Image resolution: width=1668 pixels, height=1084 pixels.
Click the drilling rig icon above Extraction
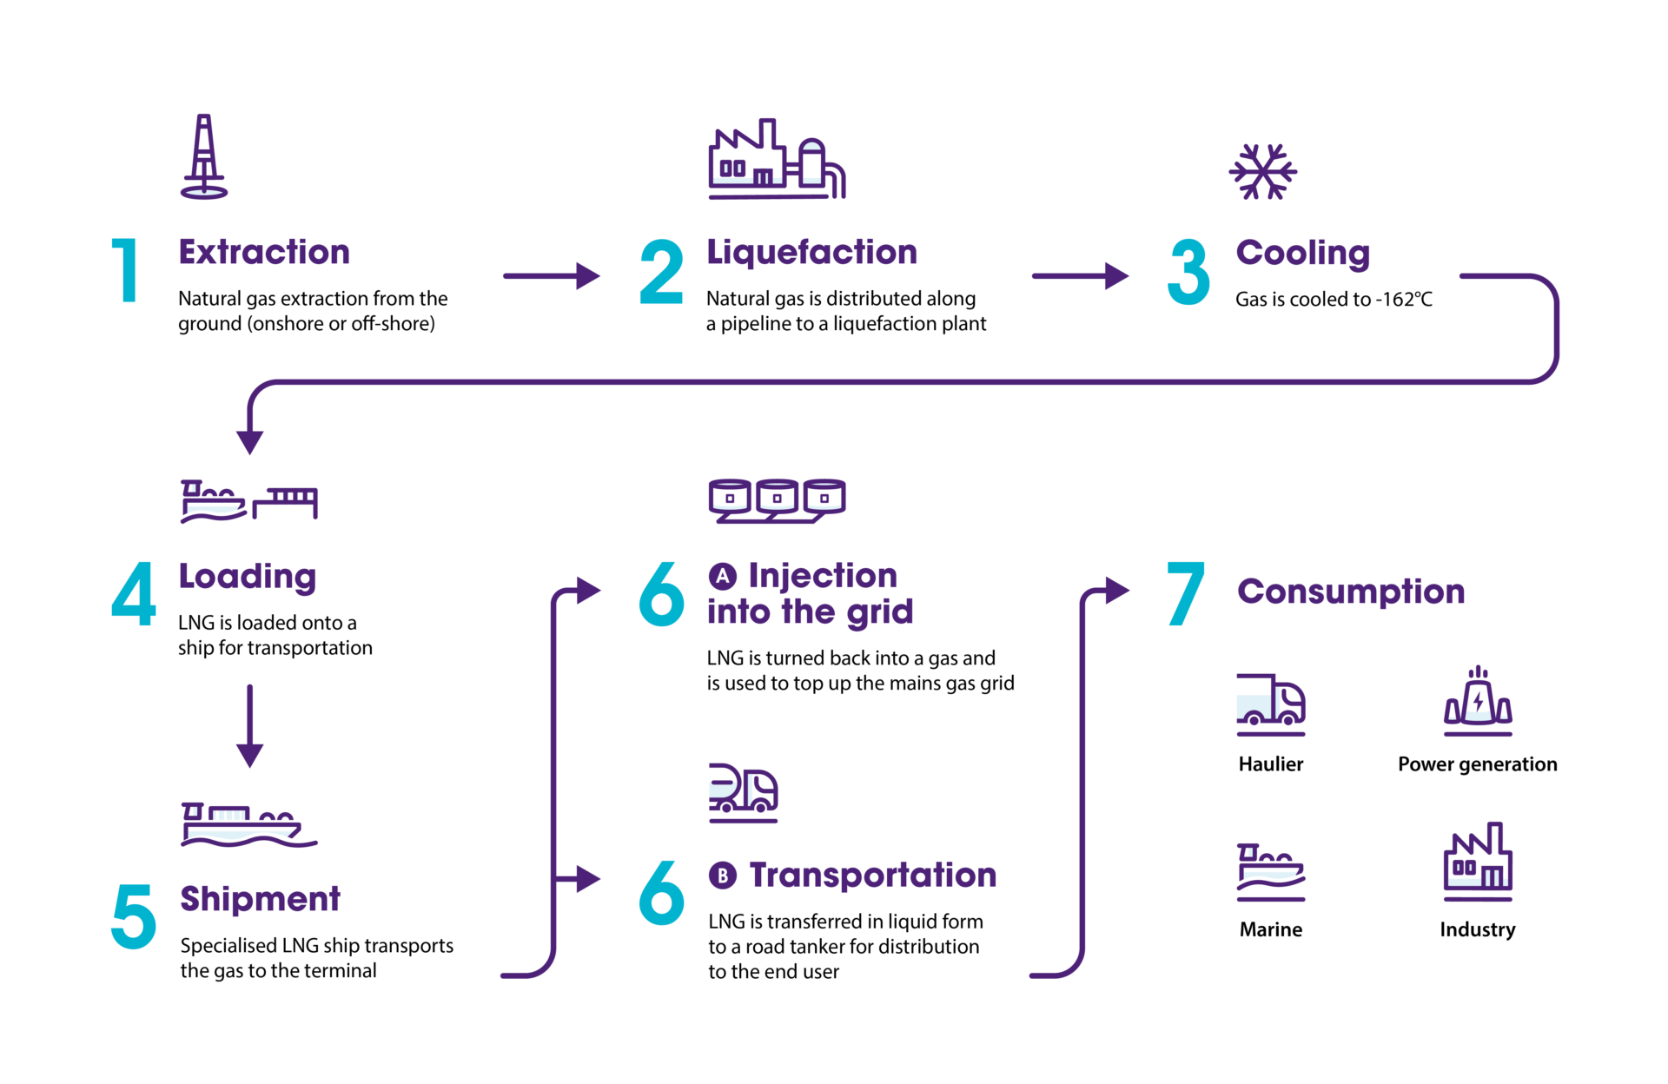pos(204,157)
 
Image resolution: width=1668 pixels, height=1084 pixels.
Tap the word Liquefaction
pos(811,253)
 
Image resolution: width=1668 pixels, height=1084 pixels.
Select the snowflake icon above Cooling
pos(1262,172)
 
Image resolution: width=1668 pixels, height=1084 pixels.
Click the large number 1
pos(127,270)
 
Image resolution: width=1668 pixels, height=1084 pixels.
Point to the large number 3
pos(1188,272)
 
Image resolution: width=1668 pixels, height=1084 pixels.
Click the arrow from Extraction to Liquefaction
pos(552,276)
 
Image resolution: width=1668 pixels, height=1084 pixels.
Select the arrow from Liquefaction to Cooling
pos(1081,276)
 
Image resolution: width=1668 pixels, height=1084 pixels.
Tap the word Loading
pos(248,577)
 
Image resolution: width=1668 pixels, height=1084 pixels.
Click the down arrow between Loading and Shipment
pos(250,725)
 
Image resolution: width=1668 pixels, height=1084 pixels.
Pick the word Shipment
pos(259,899)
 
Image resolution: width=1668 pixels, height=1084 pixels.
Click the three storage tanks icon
pos(777,500)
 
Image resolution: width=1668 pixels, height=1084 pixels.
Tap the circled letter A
pos(722,576)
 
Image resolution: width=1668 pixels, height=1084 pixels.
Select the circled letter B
pos(722,876)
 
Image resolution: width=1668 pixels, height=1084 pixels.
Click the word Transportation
pos(872,876)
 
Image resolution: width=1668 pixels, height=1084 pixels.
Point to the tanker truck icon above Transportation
pos(743,792)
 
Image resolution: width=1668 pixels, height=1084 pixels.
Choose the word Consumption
pos(1351,592)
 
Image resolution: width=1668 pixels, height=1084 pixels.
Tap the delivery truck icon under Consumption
pos(1270,702)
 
